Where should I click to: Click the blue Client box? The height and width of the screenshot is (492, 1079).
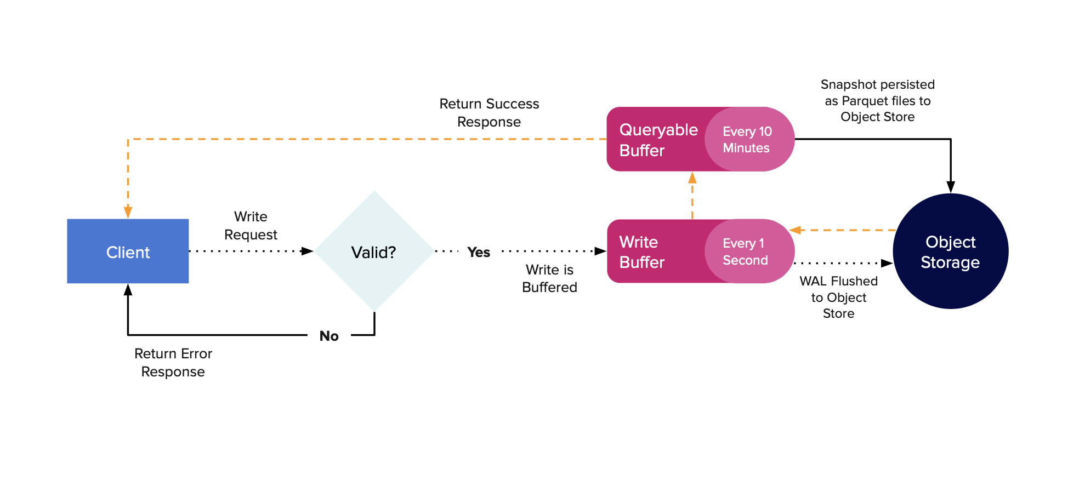coord(128,251)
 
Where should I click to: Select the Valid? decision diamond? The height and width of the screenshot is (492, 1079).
coord(374,251)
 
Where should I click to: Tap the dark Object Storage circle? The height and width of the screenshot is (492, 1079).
coord(950,251)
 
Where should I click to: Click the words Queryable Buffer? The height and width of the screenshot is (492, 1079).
coord(658,140)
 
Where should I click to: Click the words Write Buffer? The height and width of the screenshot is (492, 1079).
coord(641,252)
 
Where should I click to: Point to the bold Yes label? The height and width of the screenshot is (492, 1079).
coord(479,252)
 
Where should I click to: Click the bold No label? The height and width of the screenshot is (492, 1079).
coord(329,336)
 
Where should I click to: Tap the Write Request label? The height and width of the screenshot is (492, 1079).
coord(251,226)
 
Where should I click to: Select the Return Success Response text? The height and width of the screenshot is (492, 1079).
coord(489,113)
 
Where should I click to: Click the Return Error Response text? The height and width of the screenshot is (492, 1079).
coord(173,363)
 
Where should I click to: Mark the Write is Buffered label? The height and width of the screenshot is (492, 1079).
coord(549,278)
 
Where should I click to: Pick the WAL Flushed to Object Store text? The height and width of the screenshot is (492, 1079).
coord(838,297)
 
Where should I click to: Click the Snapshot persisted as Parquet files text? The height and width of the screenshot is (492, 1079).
coord(877,101)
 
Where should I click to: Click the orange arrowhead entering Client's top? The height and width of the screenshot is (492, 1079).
coord(128,212)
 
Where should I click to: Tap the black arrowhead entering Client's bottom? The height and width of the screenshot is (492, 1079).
coord(128,290)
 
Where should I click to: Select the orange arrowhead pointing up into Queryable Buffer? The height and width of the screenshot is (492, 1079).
coord(692,178)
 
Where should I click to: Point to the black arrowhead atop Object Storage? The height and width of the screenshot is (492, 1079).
coord(951,187)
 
